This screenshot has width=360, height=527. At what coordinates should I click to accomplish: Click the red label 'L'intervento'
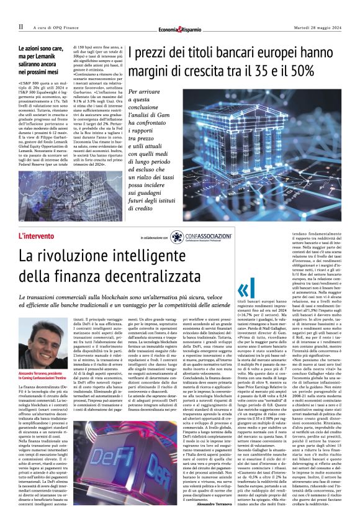tap(37, 236)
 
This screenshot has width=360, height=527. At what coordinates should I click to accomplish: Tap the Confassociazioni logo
tap(197, 236)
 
